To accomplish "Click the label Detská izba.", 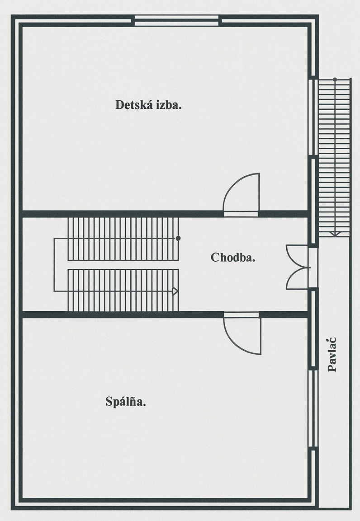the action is [148, 105].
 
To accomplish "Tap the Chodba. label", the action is [233, 257].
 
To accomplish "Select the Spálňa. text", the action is [126, 402].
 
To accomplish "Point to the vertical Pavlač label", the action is [332, 355].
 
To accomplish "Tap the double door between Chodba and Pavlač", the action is [298, 267].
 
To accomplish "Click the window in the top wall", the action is [176, 21].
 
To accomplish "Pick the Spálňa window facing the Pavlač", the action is [313, 408].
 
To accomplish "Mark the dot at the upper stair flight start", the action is [178, 238].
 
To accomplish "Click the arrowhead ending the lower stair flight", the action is [175, 291].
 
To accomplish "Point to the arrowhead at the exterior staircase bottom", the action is [335, 234].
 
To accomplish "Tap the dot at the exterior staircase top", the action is [335, 80].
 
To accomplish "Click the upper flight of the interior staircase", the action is [123, 239].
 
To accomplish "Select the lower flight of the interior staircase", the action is [123, 290].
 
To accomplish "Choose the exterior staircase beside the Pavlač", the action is [335, 158].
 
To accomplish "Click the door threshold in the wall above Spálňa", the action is [242, 314].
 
